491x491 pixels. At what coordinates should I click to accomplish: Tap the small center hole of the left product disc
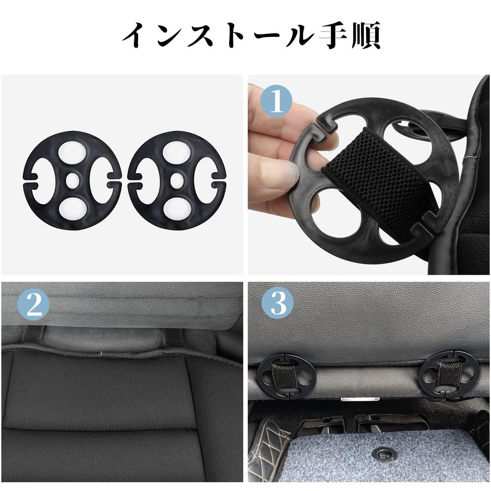[72, 180]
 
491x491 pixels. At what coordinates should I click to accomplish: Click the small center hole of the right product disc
[176, 180]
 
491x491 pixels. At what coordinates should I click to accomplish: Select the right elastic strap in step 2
[173, 336]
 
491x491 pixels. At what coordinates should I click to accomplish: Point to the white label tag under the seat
[360, 398]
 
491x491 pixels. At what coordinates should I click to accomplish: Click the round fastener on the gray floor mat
[384, 453]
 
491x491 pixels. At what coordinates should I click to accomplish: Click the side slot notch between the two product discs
[125, 180]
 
